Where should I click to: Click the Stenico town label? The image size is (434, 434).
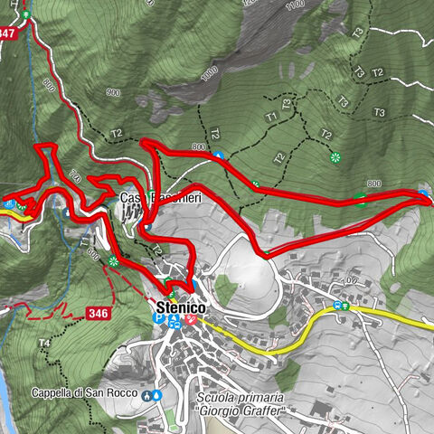[x=181, y=307]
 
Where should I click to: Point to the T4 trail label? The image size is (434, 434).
[x=44, y=344]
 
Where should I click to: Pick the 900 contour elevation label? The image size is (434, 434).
[x=112, y=92]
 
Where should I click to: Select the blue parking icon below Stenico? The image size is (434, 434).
[x=159, y=319]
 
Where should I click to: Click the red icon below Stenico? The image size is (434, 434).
[x=193, y=320]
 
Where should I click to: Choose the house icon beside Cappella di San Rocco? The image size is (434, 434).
[x=146, y=394]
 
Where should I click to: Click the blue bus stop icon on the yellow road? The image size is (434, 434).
[x=337, y=305]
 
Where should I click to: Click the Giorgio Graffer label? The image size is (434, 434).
[x=241, y=412]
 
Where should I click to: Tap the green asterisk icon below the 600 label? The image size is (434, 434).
[x=112, y=262]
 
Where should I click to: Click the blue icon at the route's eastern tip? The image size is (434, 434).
[x=424, y=193]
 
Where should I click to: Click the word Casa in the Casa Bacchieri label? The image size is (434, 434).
[x=132, y=198]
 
